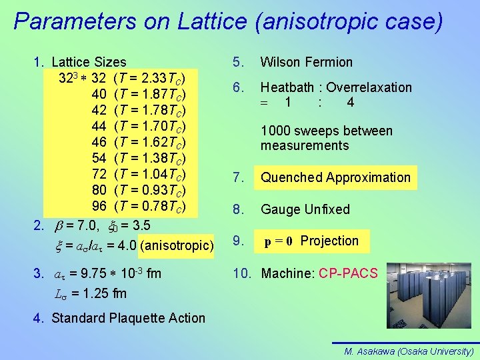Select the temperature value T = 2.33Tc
click(154, 78)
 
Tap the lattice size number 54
click(99, 158)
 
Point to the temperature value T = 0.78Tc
click(154, 206)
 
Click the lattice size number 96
click(99, 206)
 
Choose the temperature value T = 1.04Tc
click(154, 174)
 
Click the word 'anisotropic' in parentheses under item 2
click(176, 245)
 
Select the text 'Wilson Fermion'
click(306, 63)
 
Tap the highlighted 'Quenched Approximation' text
click(335, 177)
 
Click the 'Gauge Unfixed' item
click(305, 209)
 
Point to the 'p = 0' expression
click(279, 241)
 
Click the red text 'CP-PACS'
click(348, 273)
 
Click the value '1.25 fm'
click(104, 294)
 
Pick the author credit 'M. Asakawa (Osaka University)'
click(409, 351)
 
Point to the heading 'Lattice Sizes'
click(89, 63)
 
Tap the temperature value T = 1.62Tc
click(154, 142)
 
